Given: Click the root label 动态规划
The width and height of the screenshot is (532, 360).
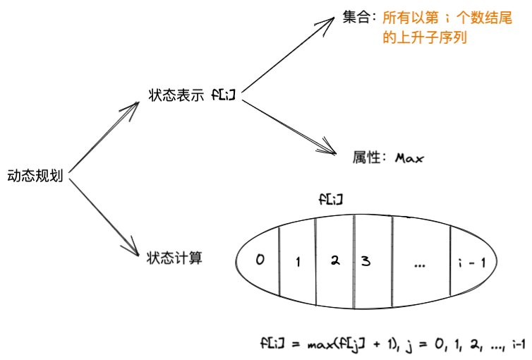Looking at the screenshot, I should pyautogui.click(x=35, y=176).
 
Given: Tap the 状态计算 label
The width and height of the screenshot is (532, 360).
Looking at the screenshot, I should pyautogui.click(x=174, y=258).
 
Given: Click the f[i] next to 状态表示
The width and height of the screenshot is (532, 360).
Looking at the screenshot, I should pyautogui.click(x=223, y=95).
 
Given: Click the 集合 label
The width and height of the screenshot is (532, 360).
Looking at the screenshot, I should pyautogui.click(x=357, y=18).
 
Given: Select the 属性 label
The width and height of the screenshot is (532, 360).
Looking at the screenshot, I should pyautogui.click(x=368, y=157).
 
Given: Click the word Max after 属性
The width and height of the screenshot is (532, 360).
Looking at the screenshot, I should pyautogui.click(x=409, y=157).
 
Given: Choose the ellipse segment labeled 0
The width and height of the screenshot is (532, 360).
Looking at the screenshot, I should pyautogui.click(x=260, y=260).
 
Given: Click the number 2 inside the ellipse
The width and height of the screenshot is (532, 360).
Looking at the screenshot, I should pyautogui.click(x=335, y=259).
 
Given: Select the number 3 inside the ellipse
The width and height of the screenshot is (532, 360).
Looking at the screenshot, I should pyautogui.click(x=365, y=260).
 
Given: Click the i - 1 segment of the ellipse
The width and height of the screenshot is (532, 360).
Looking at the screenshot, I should pyautogui.click(x=471, y=263).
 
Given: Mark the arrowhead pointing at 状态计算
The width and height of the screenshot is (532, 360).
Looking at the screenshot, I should pyautogui.click(x=131, y=250).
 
